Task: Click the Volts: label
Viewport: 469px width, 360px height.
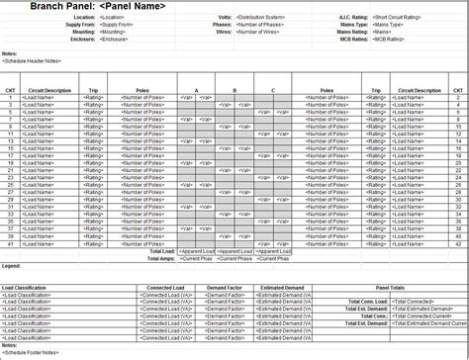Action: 225,18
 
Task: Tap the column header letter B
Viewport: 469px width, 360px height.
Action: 234,90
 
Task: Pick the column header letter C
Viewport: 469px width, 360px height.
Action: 272,90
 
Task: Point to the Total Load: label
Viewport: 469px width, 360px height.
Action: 161,252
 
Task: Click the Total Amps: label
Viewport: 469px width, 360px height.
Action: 160,259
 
